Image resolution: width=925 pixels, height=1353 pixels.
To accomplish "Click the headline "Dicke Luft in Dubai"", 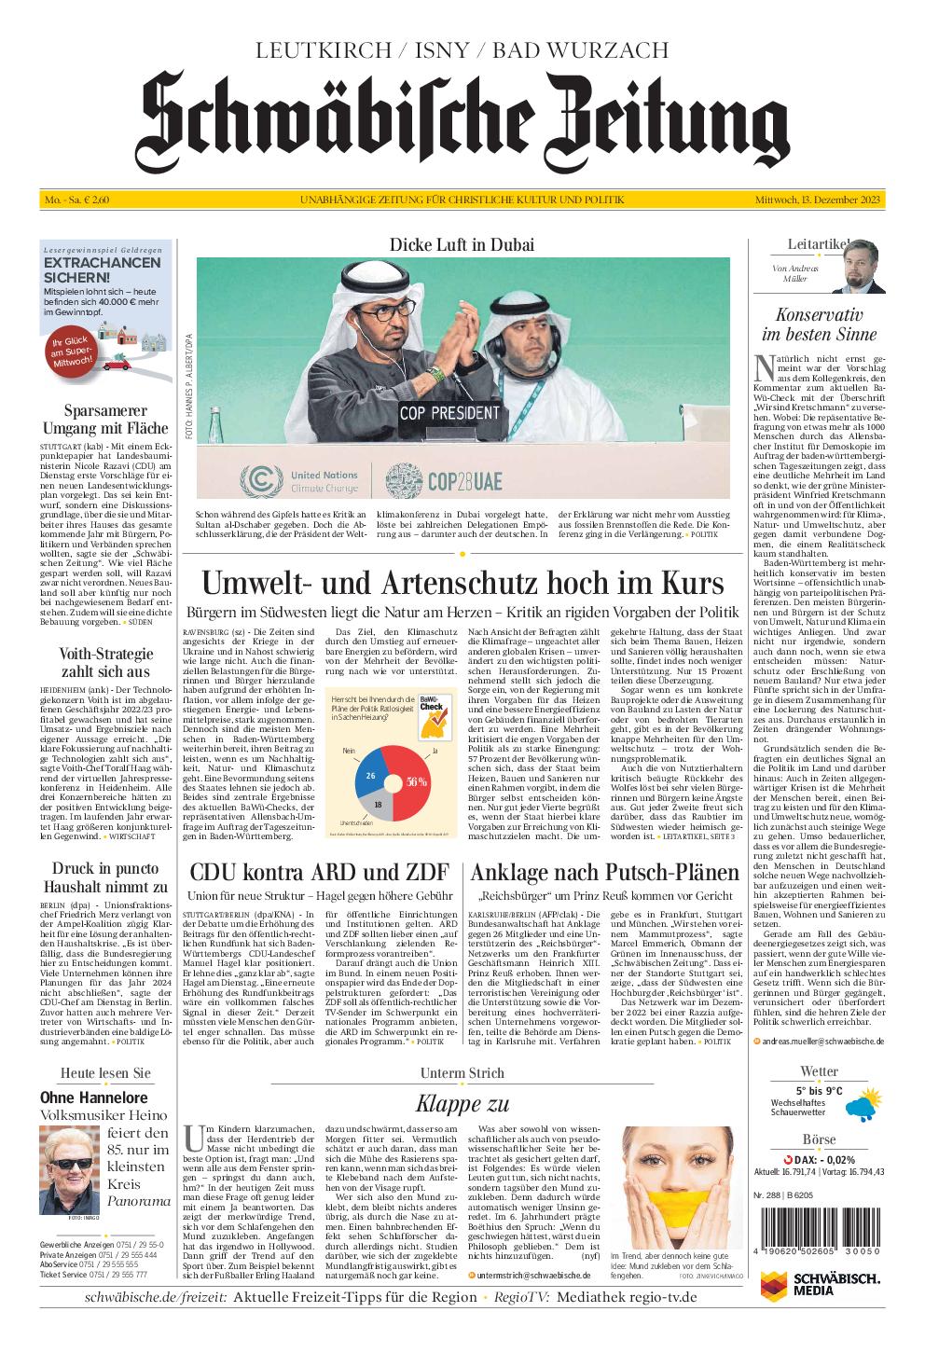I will [x=462, y=245].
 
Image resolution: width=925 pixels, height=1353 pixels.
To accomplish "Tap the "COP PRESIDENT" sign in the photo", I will [x=450, y=412].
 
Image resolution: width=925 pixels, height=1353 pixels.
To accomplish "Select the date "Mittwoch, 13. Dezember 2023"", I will [x=819, y=200].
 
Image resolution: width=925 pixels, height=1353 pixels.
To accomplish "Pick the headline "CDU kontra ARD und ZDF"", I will [x=319, y=873].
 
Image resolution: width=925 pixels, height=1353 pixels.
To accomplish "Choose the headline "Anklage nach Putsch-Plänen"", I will [x=604, y=873].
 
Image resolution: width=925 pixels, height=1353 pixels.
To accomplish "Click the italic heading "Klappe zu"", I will [x=462, y=1104].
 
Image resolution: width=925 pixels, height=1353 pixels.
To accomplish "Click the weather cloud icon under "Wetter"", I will [x=858, y=1108].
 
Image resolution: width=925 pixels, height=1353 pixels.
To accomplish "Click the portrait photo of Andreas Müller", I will [x=864, y=268].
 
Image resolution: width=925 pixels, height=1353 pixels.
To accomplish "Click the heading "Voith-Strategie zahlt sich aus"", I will [x=105, y=662].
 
